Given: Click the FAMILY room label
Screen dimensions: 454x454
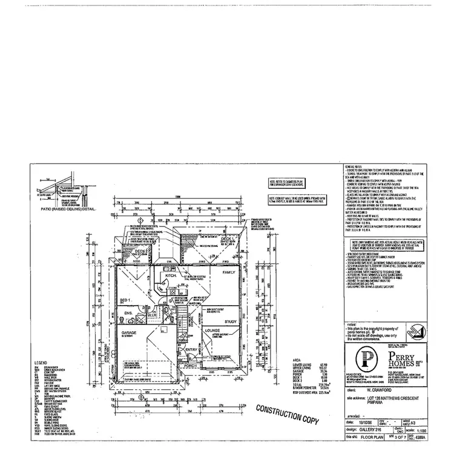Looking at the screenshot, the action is (x=228, y=273).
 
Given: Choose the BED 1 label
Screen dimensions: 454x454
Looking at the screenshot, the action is (x=126, y=300).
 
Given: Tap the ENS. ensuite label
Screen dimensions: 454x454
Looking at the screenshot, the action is (x=128, y=313).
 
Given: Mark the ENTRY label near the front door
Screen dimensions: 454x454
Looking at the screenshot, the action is (x=192, y=349).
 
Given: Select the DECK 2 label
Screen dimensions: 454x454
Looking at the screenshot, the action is (x=140, y=251).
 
